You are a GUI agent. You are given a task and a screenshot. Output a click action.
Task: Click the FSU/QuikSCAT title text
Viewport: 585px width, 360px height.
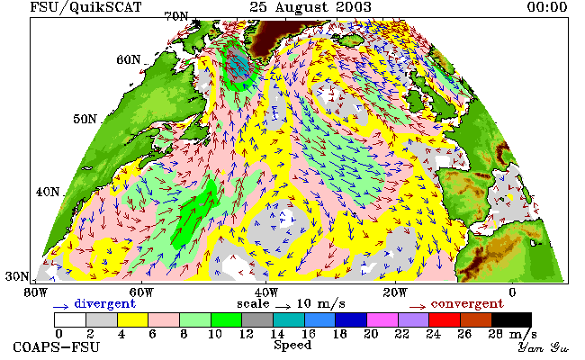click(85, 7)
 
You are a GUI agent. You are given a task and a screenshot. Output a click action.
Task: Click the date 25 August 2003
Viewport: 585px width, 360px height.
click(310, 7)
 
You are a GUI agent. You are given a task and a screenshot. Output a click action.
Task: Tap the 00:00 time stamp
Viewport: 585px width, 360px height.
click(547, 7)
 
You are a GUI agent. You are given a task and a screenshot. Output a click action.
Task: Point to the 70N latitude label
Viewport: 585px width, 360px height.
click(176, 16)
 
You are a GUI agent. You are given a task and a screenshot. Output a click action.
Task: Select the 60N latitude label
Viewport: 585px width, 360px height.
click(129, 59)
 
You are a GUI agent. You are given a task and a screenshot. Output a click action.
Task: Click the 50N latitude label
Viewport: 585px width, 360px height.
click(85, 119)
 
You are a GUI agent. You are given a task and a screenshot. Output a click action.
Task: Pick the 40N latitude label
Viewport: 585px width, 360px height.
click(48, 192)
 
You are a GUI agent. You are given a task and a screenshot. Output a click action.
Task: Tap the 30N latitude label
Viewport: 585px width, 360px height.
click(17, 276)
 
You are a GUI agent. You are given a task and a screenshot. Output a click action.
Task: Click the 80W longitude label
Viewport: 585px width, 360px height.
click(35, 292)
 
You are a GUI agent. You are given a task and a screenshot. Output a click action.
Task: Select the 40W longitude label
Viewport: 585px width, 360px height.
click(266, 292)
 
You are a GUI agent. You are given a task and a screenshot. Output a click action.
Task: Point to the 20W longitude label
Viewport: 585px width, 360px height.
click(395, 292)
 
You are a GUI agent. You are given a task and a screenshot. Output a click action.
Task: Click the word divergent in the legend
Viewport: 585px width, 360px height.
click(105, 303)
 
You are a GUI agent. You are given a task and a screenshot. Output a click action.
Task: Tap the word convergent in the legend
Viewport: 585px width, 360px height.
click(467, 303)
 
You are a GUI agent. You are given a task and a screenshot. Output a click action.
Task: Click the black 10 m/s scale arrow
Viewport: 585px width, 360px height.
click(283, 307)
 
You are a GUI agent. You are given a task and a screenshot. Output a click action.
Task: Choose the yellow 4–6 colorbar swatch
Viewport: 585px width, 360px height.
click(133, 320)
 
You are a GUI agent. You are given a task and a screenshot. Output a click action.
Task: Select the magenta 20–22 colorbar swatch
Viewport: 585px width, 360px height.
click(382, 320)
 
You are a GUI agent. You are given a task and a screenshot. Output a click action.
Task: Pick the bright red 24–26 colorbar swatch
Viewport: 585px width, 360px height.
click(445, 320)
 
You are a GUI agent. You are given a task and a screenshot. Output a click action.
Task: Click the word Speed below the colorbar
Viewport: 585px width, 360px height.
click(292, 345)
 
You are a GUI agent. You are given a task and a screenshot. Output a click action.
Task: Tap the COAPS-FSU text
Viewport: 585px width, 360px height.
click(57, 347)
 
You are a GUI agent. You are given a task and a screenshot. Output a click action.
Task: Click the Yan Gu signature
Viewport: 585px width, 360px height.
click(544, 347)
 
